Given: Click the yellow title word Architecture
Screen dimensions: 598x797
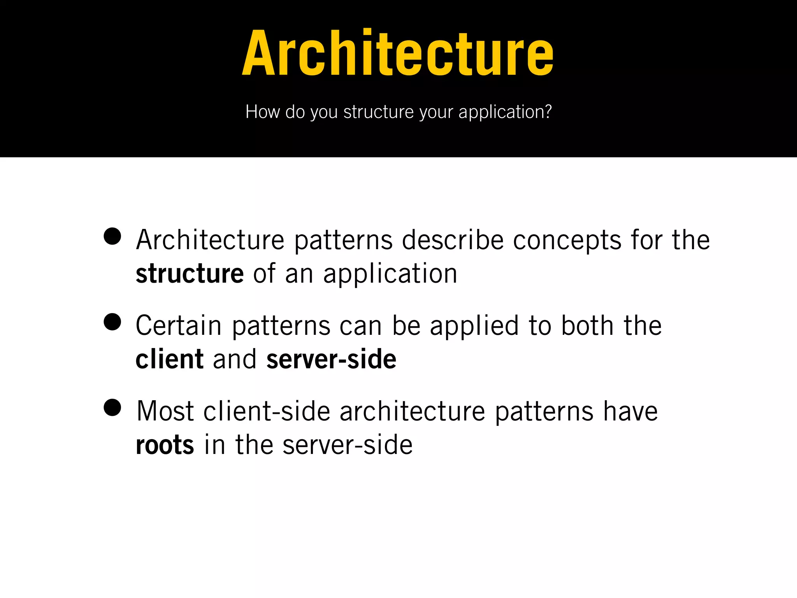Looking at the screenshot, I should pos(398,53).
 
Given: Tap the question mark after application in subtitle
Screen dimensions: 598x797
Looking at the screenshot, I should pos(548,112).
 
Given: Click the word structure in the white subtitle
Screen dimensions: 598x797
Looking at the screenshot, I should pos(378,112).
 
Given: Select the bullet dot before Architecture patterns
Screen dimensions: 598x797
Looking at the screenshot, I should pos(112,236).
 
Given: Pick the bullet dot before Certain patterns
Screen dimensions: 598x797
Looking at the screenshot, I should pos(112,322).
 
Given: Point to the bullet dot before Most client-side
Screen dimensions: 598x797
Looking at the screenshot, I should pos(112,408).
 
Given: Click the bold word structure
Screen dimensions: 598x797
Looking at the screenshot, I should pos(190,274).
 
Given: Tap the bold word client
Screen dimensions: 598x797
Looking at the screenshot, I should pos(169,359).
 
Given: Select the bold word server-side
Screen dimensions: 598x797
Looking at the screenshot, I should pos(331,359).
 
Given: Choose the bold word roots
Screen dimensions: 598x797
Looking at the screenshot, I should pos(165,445).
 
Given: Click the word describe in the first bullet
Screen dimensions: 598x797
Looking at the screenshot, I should pos(453,240).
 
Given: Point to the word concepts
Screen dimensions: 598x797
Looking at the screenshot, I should pos(567,241).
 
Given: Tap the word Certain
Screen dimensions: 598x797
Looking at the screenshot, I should pos(179,325).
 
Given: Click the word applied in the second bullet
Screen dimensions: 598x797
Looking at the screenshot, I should pos(474,326).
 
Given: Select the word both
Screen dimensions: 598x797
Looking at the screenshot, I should pos(587,325).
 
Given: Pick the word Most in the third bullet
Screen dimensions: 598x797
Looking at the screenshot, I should pos(165,411).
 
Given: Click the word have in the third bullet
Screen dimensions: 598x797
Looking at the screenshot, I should pos(630,411).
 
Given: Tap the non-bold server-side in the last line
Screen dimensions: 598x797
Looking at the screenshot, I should pos(347,445).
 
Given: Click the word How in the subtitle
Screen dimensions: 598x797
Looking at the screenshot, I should pos(263,112).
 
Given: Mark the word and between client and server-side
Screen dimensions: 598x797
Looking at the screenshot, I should pos(235,359).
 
